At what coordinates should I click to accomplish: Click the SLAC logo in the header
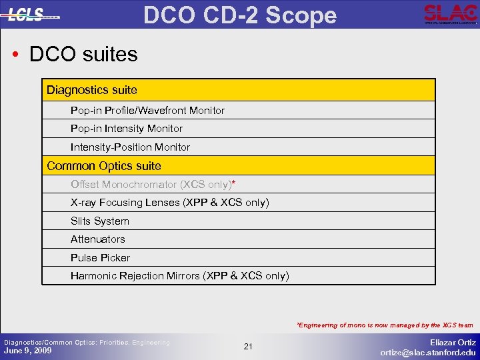[x=450, y=13]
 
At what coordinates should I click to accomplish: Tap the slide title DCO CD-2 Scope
[x=240, y=14]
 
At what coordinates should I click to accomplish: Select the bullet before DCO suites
[x=15, y=54]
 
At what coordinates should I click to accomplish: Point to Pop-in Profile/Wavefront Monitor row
[x=147, y=111]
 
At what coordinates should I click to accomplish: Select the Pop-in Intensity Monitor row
[x=127, y=129]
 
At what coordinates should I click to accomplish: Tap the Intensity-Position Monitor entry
[x=130, y=147]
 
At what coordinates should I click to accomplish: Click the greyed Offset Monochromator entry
[x=150, y=184]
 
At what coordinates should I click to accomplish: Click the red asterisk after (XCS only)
[x=233, y=183]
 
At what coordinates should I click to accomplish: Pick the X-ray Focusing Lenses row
[x=169, y=203]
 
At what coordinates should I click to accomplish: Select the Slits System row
[x=100, y=221]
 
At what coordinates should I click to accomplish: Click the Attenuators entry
[x=98, y=239]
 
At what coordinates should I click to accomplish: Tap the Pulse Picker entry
[x=101, y=258]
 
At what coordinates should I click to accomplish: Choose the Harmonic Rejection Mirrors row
[x=180, y=276]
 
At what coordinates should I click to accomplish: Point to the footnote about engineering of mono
[x=385, y=325]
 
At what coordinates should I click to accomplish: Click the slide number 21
[x=248, y=347]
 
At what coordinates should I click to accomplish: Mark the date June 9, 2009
[x=28, y=351]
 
